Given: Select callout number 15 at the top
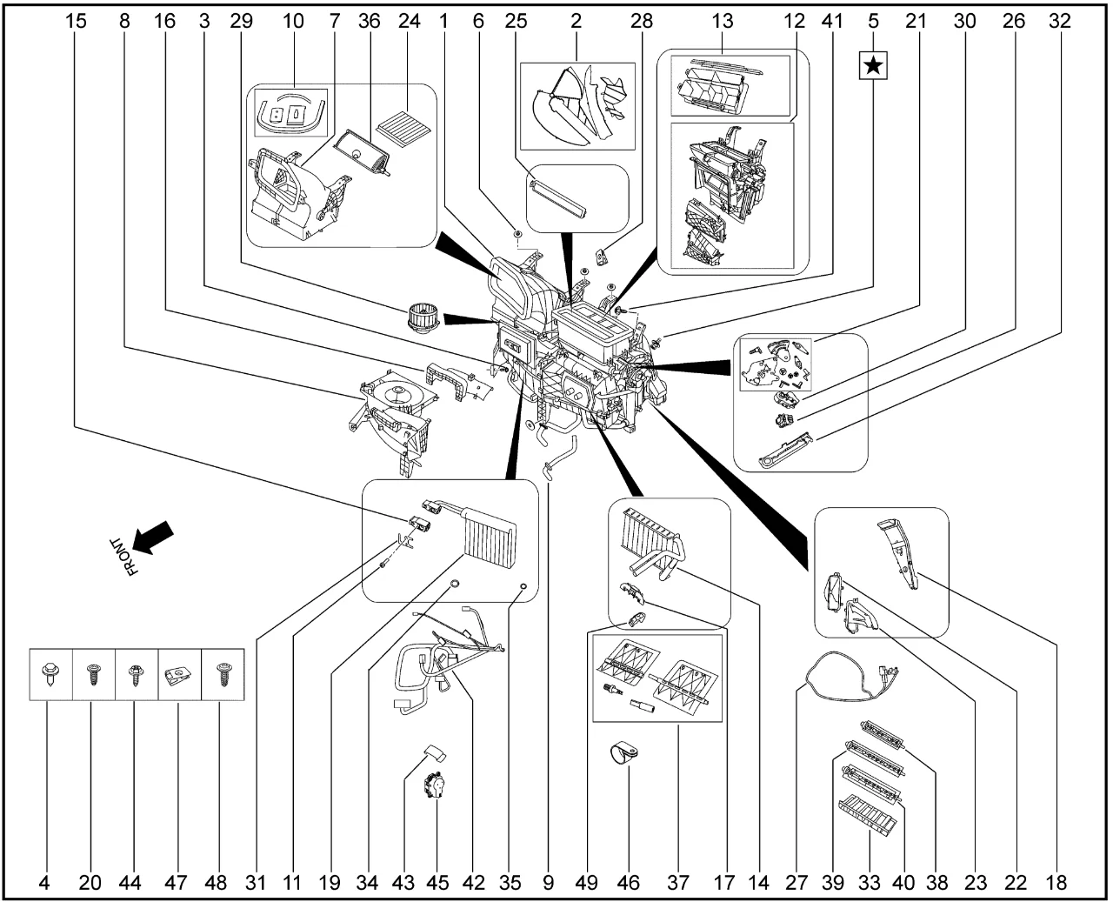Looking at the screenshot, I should pos(77,21).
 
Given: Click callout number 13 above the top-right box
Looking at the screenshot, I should pos(723,21).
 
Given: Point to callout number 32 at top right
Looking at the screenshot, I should pos(1059,21).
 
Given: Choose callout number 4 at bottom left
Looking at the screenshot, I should pos(43,883).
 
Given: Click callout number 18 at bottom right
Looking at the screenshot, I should pos(1056,883).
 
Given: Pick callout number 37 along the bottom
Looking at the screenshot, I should pos(677,883).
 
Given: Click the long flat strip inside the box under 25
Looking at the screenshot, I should pos(561,198).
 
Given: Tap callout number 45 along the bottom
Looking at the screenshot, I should pos(437,883).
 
